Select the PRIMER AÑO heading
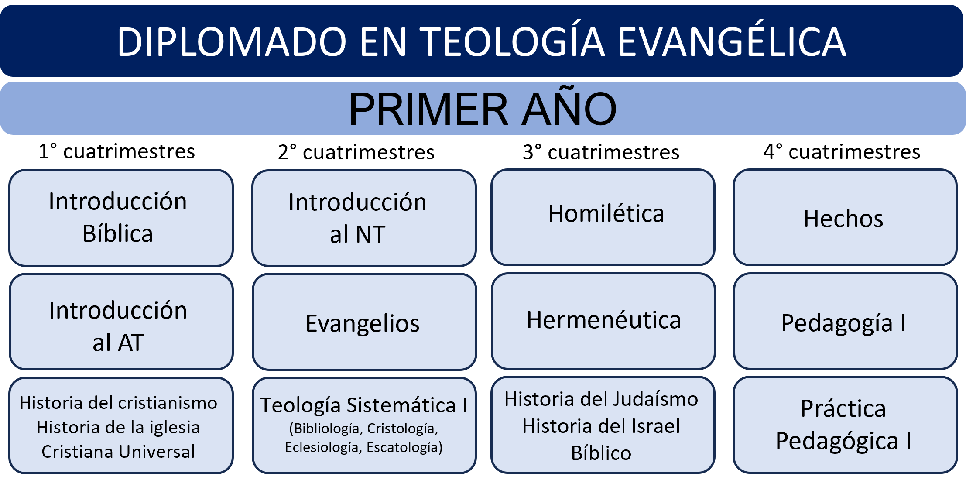483,109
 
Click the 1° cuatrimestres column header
116,151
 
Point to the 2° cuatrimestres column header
356,152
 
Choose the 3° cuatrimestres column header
601,152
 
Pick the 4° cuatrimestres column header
842,152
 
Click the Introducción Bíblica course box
121,218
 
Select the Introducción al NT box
364,218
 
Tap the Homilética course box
603,217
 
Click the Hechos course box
845,217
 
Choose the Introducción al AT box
121,322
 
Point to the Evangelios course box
364,322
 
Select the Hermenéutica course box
603,321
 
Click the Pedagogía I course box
845,321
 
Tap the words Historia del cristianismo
118,403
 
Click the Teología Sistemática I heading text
363,405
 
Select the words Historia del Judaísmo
601,399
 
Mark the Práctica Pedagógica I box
845,425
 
